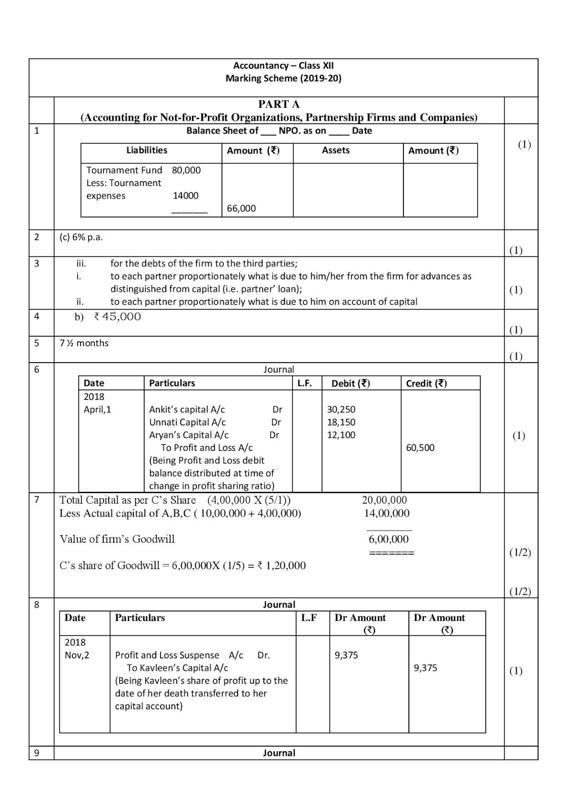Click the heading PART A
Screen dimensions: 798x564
pos(279,104)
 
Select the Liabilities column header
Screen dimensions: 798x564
pos(147,150)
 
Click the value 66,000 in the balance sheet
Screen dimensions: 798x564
pos(241,208)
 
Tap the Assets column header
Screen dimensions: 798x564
pos(336,150)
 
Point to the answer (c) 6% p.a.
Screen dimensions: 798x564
pos(81,237)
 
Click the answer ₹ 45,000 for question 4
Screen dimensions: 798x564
pos(118,317)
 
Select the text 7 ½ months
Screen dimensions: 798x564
pos(84,343)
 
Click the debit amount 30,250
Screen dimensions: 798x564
pos(341,409)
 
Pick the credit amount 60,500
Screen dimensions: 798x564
pos(420,447)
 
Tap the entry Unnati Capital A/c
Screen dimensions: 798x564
pos(188,422)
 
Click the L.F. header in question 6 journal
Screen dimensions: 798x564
pos(305,383)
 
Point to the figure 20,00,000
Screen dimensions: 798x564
pos(384,500)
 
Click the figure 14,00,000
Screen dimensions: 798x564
pos(386,513)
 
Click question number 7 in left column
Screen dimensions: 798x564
pos(36,499)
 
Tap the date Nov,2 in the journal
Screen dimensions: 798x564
pos(77,655)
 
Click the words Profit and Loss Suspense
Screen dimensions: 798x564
pos(167,655)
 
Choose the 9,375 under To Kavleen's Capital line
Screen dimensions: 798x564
pos(425,668)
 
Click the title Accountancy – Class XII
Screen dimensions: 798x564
pos(283,65)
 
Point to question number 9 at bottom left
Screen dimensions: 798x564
pos(36,753)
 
